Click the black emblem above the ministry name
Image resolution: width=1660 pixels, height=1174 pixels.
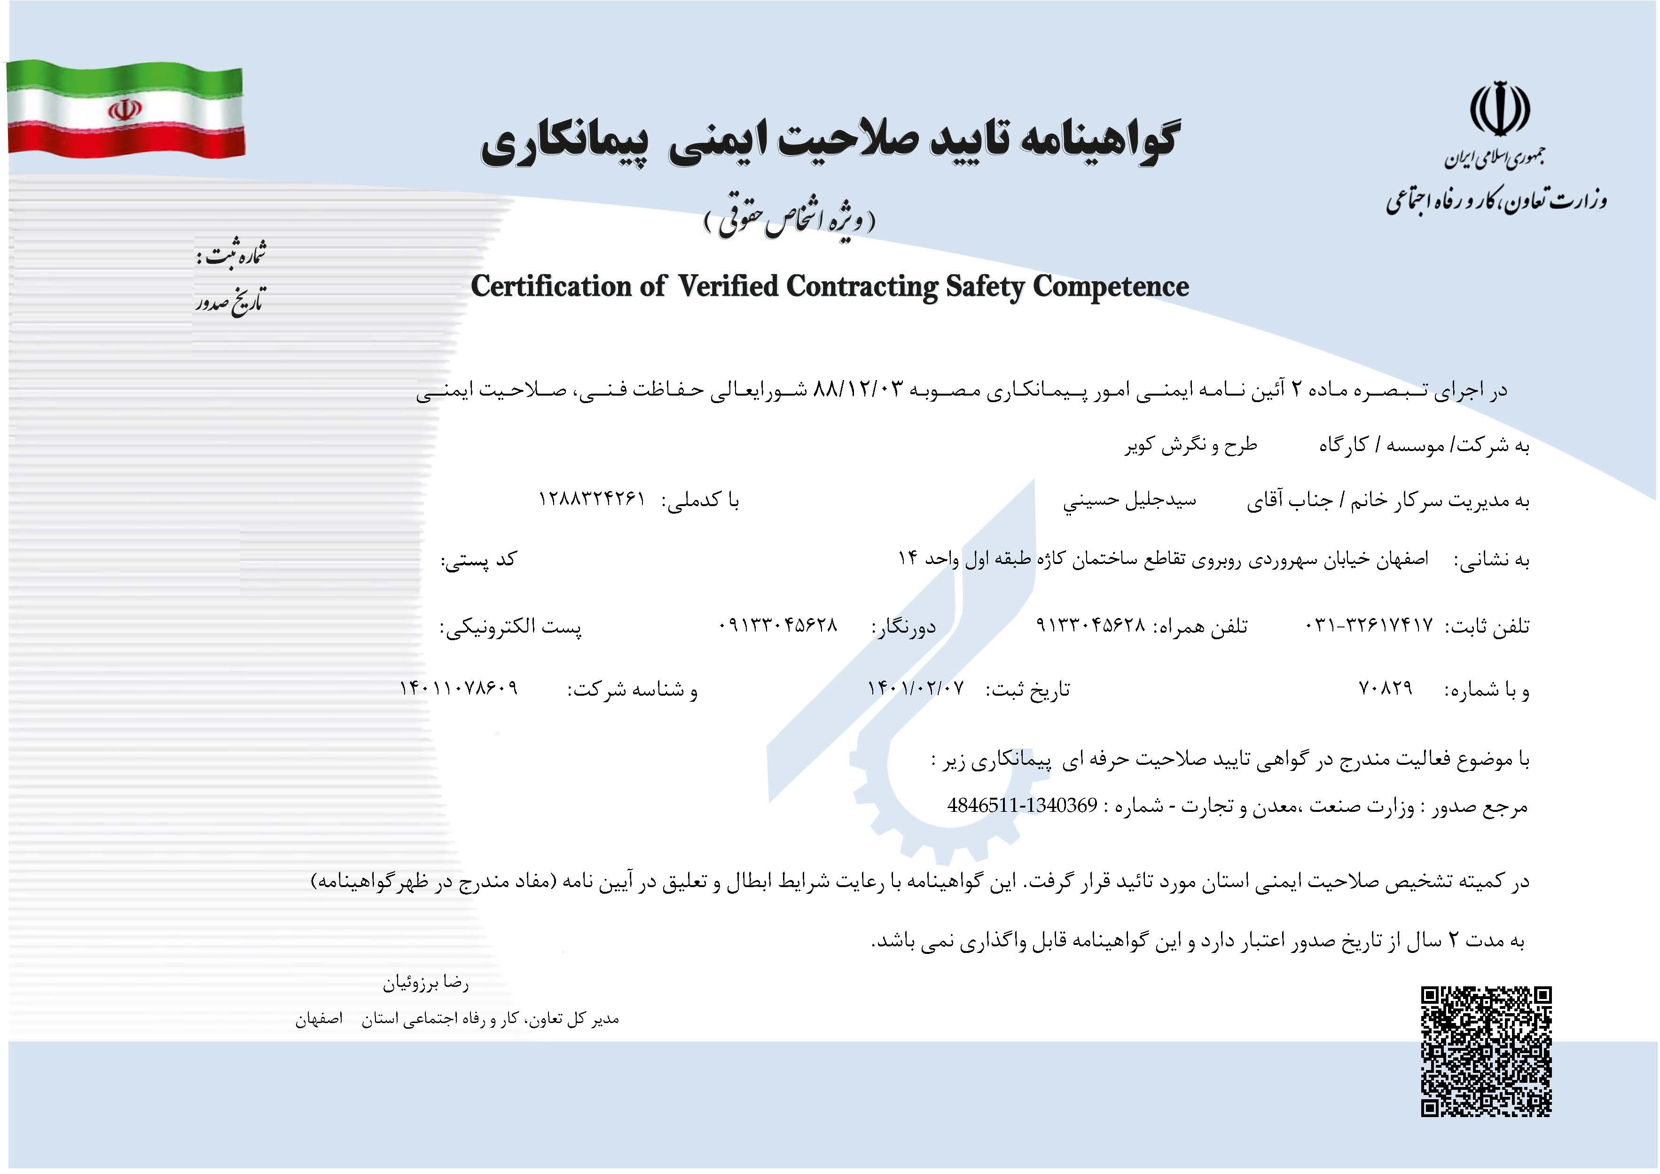(x=1499, y=111)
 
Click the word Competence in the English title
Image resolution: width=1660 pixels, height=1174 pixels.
(x=1111, y=286)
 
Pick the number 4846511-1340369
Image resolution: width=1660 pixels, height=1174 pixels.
(x=1022, y=806)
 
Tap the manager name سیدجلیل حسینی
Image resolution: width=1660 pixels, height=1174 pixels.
(x=1129, y=500)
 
